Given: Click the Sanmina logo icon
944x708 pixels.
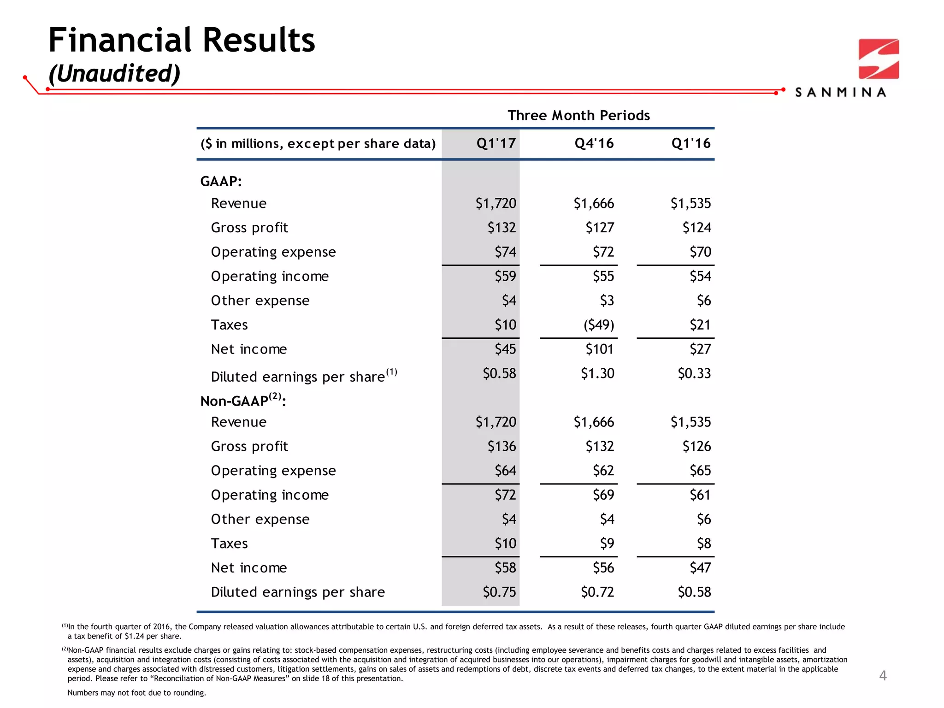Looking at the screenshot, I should coord(879,59).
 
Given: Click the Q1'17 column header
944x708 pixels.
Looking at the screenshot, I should coord(496,143).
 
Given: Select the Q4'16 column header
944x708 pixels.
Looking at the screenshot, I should coord(594,143).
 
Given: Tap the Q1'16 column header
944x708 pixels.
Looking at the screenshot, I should coord(691,143).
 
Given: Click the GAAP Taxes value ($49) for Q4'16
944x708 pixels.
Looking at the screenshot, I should coord(599,325).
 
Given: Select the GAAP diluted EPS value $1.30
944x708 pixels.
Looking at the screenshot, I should coord(597,373).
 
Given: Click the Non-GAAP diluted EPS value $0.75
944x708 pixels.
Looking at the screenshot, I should coord(499,592).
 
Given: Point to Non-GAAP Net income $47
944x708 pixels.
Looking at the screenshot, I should coord(700,567).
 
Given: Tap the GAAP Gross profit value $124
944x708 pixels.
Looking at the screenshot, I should coord(696,228).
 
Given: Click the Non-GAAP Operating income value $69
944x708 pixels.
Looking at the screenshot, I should coord(603,495).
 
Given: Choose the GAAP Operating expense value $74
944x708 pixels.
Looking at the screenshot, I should coord(505,252).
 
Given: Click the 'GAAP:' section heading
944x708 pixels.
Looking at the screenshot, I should coord(221,181).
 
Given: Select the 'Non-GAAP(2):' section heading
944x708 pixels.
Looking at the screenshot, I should coord(243,400).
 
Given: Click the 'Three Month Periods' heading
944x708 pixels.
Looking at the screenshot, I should coord(578,115).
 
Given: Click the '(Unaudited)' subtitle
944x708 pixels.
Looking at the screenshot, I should coord(114,74).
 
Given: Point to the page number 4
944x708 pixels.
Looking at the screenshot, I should coord(883,676).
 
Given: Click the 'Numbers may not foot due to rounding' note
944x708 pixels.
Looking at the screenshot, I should coord(137,693).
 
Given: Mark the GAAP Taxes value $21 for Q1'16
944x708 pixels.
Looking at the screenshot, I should coord(700,325).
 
